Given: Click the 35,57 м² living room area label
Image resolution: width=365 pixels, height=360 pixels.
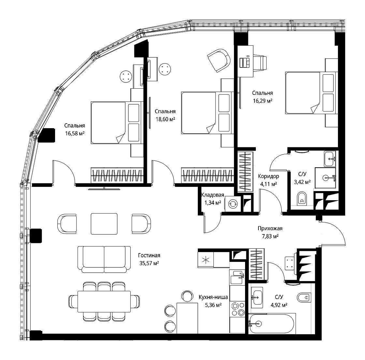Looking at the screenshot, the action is (149, 263).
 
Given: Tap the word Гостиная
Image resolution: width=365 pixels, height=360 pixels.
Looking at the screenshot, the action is (149, 255).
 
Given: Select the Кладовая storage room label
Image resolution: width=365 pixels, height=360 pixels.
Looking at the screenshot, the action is (213, 195).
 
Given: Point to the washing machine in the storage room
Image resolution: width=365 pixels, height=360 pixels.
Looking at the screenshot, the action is (233, 204).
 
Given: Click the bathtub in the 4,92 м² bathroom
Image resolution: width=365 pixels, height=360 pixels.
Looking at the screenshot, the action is (272, 324).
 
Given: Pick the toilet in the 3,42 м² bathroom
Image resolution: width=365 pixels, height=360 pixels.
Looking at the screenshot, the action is (302, 199).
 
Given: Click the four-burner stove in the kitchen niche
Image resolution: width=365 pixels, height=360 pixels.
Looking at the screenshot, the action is (237, 309).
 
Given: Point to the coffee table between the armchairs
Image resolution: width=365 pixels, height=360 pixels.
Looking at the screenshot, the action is (104, 224).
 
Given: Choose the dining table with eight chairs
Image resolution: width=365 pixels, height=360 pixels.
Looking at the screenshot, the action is (104, 301).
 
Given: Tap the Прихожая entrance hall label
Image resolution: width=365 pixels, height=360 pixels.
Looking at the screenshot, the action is (270, 229).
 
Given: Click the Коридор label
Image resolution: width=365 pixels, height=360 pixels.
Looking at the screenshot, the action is (269, 176).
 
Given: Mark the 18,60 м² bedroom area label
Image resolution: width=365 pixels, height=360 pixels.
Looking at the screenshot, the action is (165, 119).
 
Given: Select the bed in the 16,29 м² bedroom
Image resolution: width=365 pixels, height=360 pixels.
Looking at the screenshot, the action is (312, 93).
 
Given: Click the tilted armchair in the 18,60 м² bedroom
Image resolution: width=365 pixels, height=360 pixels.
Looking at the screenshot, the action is (219, 61).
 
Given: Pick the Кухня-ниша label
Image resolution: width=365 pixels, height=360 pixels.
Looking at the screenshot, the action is (213, 297).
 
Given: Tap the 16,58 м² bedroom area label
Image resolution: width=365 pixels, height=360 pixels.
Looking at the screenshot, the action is (75, 133).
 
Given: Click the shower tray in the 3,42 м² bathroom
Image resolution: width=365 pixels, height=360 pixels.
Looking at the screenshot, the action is (326, 178).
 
